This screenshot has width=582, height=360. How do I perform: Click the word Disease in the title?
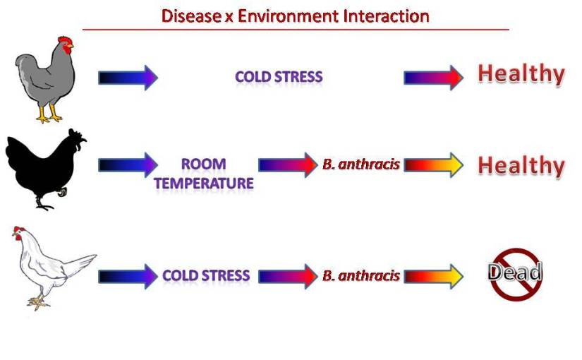tap(191, 16)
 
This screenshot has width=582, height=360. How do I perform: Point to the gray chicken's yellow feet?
tap(49, 114)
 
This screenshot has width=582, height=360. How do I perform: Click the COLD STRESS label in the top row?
tap(279, 77)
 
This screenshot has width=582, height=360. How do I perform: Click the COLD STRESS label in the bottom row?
tap(206, 275)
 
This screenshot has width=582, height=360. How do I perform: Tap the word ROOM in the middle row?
tap(203, 164)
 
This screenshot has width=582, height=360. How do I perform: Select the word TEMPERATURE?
tap(204, 183)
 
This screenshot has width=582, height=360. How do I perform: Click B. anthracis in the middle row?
tap(360, 164)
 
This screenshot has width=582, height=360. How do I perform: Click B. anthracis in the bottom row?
tap(360, 276)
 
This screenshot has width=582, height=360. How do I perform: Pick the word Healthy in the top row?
tap(521, 75)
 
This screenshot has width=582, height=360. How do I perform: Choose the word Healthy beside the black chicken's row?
tap(521, 166)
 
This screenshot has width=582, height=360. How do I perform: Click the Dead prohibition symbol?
tap(515, 274)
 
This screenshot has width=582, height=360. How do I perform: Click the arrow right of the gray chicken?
tap(128, 78)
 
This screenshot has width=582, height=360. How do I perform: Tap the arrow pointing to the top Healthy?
tap(434, 78)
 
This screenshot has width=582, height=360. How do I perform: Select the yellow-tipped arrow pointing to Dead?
tap(434, 277)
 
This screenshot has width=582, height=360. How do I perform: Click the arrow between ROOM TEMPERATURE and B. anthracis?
tap(288, 165)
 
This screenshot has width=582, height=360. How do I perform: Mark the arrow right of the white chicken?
tap(128, 277)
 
